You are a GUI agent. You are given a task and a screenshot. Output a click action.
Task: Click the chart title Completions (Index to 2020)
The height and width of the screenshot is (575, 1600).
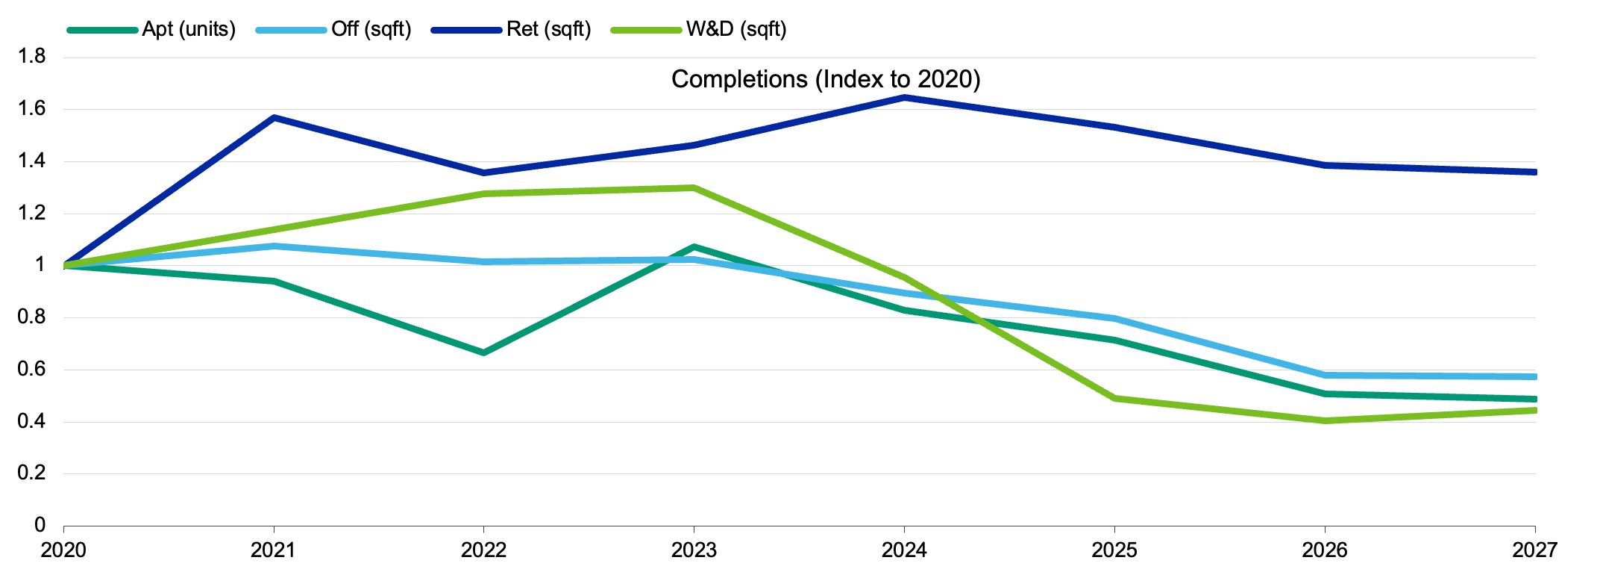click(826, 79)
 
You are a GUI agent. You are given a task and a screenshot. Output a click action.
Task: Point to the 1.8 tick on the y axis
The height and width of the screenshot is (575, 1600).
click(31, 57)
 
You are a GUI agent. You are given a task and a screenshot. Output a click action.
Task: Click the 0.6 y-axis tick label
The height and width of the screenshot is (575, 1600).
click(31, 369)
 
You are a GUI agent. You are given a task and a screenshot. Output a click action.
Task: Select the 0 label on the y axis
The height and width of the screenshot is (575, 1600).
click(40, 525)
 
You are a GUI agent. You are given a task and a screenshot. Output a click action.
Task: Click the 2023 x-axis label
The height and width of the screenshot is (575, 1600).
click(694, 550)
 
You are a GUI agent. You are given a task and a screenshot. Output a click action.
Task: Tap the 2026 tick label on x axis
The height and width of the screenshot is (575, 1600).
click(1324, 550)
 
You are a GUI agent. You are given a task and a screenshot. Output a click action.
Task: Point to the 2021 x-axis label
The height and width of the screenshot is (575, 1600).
click(273, 550)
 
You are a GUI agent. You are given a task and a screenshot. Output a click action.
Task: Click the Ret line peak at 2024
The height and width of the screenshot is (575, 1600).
click(904, 97)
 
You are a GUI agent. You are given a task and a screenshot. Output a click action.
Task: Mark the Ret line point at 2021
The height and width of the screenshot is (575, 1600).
click(274, 117)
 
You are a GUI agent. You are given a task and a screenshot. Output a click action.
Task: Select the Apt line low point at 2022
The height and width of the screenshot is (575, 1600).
click(483, 352)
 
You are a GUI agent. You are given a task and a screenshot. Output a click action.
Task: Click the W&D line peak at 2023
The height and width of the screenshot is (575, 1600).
click(694, 187)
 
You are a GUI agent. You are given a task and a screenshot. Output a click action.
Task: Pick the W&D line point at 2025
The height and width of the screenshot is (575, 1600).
click(1114, 398)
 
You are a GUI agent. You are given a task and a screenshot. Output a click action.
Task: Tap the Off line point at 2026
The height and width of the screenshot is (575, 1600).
click(1325, 375)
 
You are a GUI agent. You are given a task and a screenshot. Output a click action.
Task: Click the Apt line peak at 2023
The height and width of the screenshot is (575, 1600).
click(694, 246)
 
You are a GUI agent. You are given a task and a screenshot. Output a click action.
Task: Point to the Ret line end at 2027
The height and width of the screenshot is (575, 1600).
click(1533, 172)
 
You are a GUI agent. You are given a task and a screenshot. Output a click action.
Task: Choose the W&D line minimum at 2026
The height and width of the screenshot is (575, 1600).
click(1325, 420)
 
